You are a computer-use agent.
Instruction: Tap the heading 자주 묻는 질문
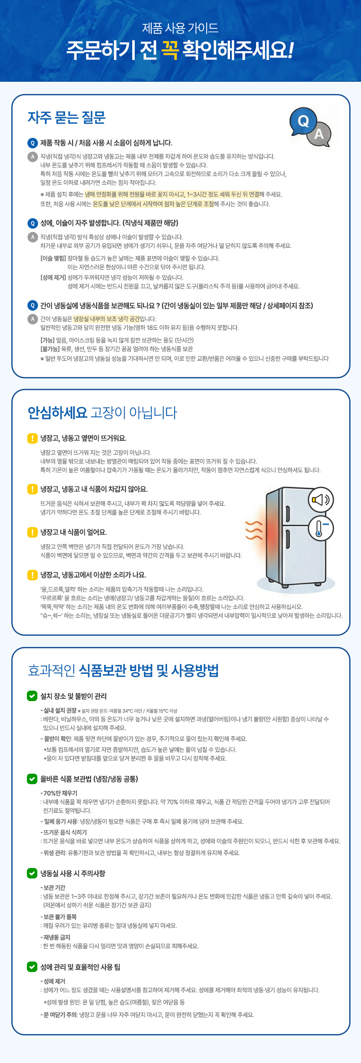pos(66,118)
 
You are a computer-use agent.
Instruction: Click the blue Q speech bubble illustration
pos(303,121)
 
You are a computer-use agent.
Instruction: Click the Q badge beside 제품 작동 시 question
pos(32,143)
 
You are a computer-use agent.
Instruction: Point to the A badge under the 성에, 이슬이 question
pos(32,237)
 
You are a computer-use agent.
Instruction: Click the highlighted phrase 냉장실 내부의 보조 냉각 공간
pos(106,319)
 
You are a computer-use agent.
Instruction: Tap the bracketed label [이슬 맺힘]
pos(53,258)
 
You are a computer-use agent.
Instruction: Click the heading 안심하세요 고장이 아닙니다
pos(102,413)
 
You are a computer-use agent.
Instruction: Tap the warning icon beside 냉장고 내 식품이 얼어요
pos(32,532)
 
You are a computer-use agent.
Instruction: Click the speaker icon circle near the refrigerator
pos(321,499)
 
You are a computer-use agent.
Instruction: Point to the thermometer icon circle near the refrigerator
pos(321,528)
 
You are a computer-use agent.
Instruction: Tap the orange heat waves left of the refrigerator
pos(254,530)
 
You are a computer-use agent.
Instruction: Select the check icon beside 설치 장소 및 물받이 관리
pos(32,696)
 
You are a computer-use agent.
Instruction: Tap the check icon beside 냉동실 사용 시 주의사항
pos(32,873)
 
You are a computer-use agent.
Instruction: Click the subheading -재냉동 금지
pos(55,937)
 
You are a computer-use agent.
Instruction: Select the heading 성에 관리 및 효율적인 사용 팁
pos(80,967)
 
